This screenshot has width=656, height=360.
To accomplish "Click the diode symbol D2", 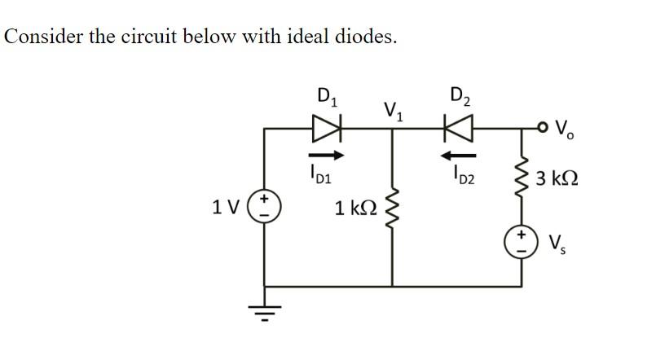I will coord(457,128).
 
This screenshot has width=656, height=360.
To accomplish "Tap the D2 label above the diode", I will coord(460,94).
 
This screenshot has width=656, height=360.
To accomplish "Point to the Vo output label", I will coord(563,129).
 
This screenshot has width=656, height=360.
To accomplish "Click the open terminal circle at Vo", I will coord(541,128).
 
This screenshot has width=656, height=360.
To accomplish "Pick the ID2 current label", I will coord(457,173).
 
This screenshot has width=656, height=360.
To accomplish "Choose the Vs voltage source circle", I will coord(522,241).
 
